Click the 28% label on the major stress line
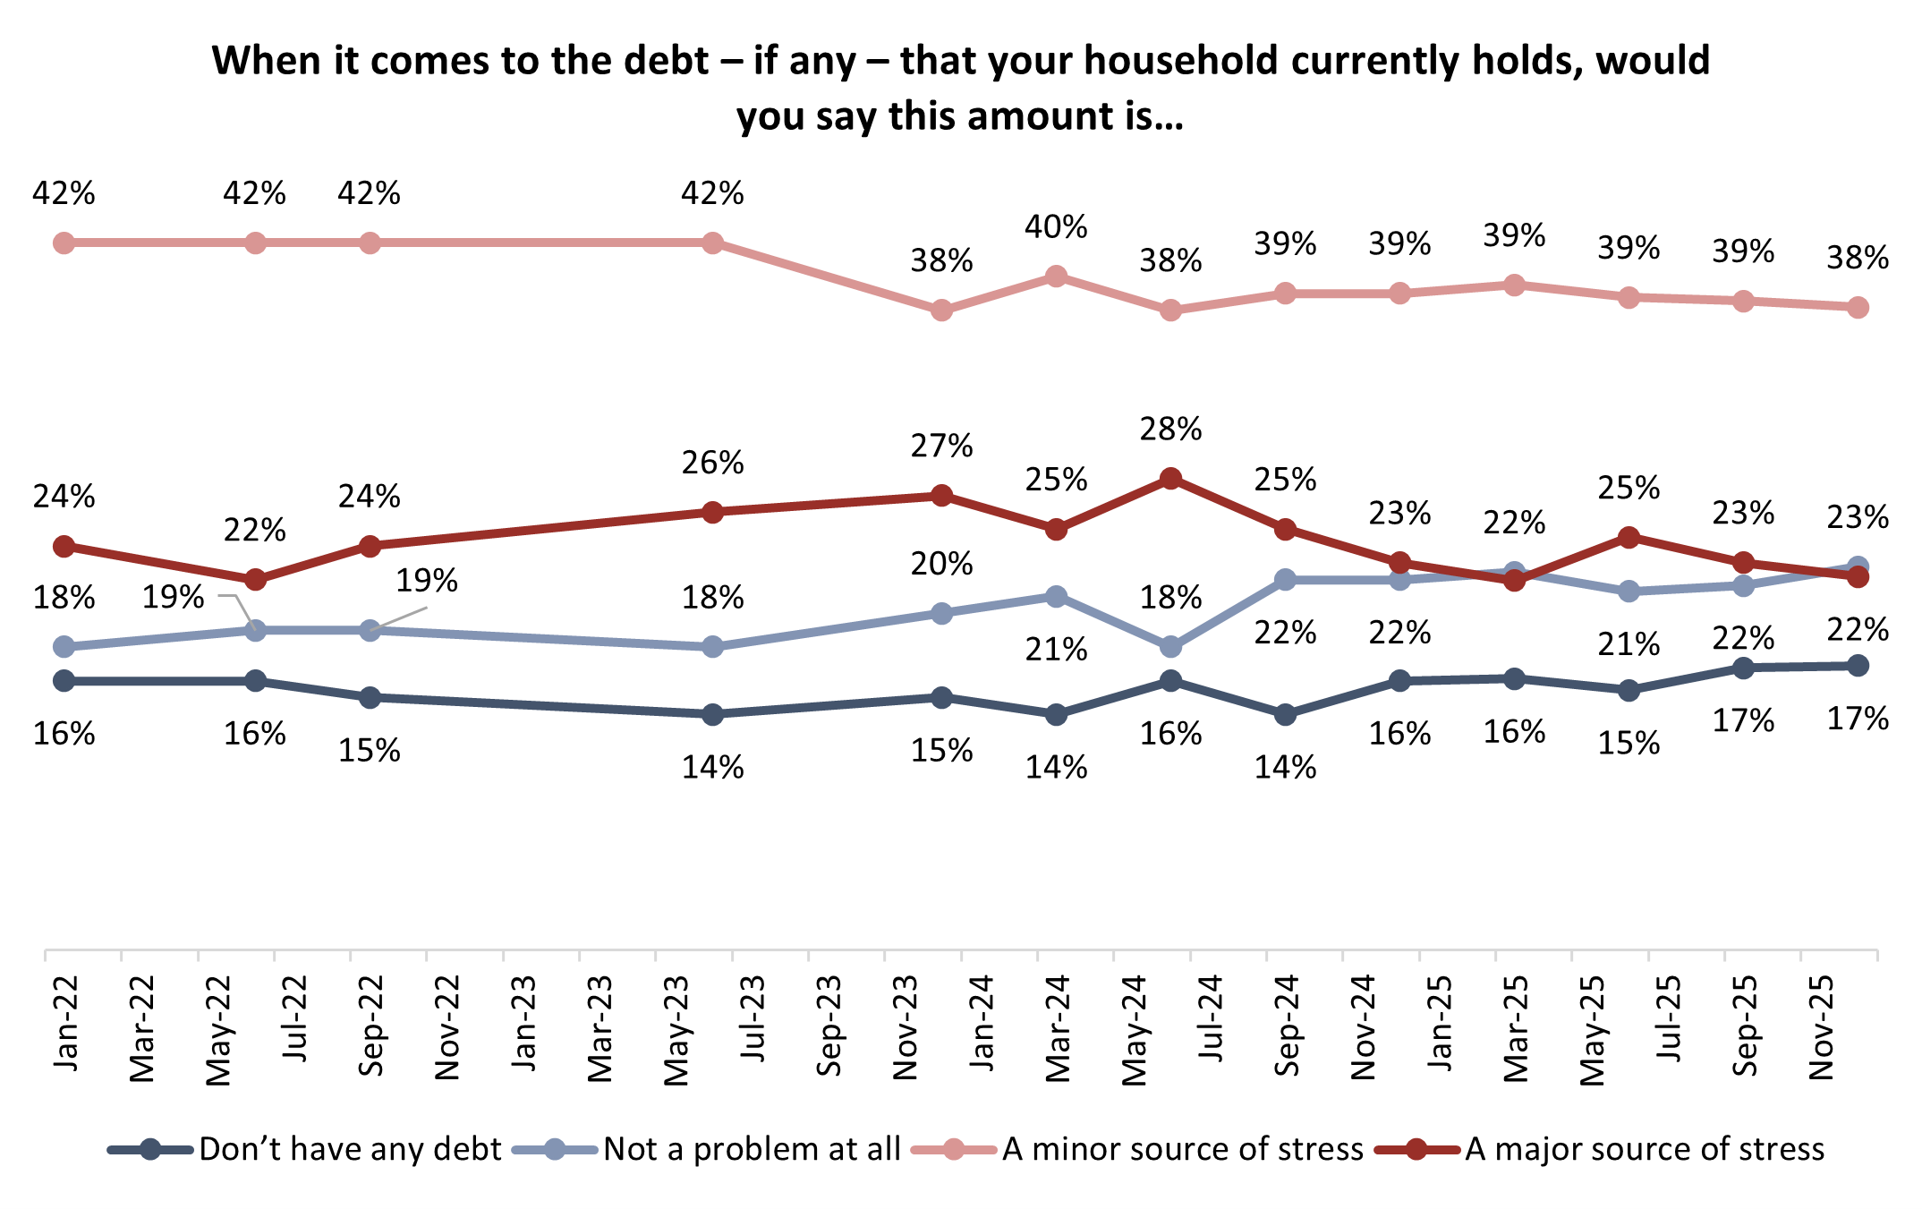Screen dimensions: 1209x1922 [x=1170, y=430]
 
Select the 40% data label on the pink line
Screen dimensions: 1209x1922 [x=1056, y=227]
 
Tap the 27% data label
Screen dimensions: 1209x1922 [x=941, y=446]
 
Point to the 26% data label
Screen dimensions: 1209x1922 [x=712, y=463]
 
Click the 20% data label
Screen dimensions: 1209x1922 [x=941, y=564]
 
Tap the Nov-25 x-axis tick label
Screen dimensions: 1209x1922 [x=1821, y=1027]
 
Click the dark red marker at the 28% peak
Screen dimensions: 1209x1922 [x=1170, y=479]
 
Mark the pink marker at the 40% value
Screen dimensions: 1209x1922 [x=1056, y=277]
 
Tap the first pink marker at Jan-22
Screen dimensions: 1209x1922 [x=64, y=243]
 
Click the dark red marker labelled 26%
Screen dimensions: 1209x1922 [x=712, y=512]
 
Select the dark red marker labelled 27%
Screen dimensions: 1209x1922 [x=941, y=495]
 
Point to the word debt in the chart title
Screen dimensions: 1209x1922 [x=664, y=61]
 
